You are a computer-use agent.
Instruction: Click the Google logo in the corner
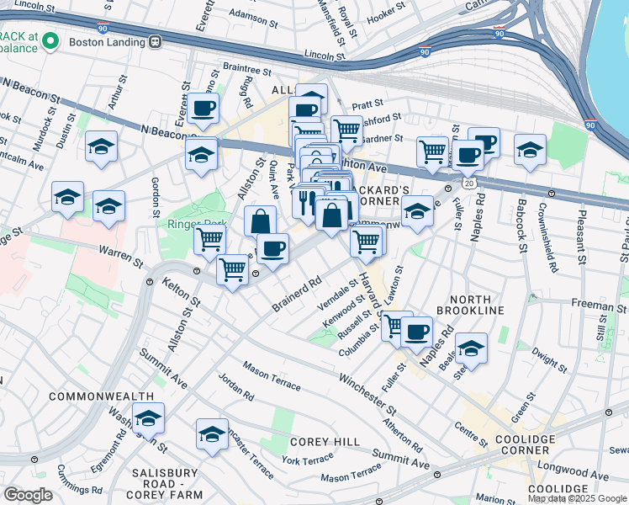coord(29,495)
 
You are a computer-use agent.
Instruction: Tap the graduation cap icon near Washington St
coord(148,417)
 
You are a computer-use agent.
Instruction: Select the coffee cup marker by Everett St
coord(203,107)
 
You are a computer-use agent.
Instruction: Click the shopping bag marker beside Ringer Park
coord(261,221)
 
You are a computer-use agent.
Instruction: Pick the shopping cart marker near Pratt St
coord(346,130)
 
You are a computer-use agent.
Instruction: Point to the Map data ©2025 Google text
coord(576,498)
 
